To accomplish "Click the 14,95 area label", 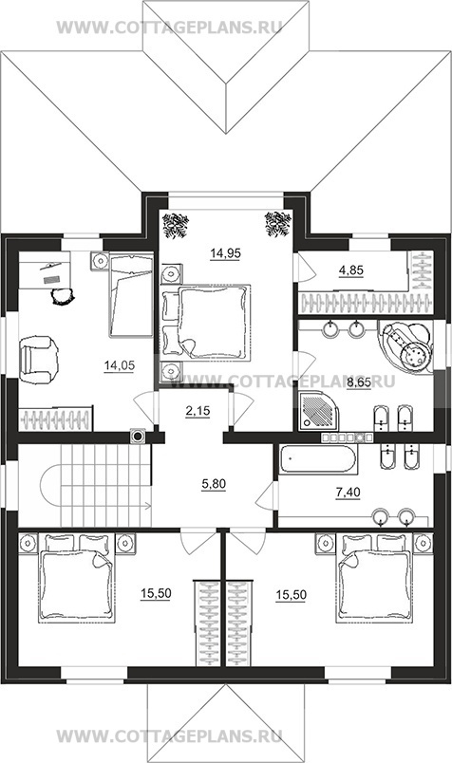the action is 225,253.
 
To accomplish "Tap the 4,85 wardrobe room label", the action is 351,270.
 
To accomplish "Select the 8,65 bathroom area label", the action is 359,383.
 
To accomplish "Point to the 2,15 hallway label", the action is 198,411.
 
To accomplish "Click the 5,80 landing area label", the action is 214,484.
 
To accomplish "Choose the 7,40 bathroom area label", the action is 348,493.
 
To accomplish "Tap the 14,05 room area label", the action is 119,365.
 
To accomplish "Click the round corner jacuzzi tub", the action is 405,346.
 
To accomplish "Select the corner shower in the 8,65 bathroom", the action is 316,412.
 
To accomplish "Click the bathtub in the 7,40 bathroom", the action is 318,459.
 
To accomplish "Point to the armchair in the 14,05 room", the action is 38,360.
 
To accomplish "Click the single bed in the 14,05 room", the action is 131,295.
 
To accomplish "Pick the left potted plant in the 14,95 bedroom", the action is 176,225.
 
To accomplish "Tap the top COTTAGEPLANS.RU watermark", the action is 169,28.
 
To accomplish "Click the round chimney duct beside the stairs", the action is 139,437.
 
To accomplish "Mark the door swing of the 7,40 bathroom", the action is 265,495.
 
